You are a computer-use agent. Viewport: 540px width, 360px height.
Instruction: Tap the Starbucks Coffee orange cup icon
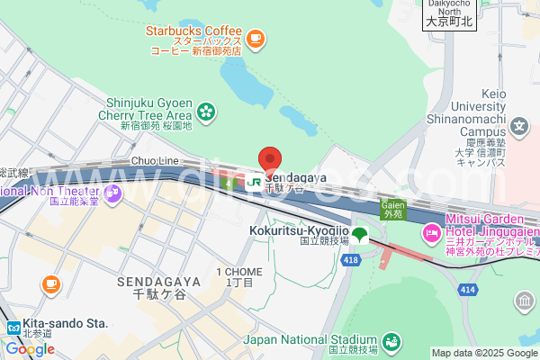pyautogui.click(x=256, y=38)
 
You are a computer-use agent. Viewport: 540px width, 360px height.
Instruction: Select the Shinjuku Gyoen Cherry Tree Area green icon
pyautogui.click(x=207, y=111)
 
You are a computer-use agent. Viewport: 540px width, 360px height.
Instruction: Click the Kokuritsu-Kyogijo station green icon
pyautogui.click(x=360, y=235)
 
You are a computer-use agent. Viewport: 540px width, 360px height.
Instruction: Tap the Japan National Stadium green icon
pyautogui.click(x=391, y=340)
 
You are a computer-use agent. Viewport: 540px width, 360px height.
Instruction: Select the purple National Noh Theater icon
pyautogui.click(x=112, y=191)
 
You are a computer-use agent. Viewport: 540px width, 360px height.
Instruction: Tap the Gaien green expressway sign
pyautogui.click(x=391, y=210)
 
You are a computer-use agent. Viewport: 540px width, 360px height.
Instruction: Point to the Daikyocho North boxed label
pyautogui.click(x=448, y=14)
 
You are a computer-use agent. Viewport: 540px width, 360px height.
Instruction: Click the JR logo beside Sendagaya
pyautogui.click(x=254, y=181)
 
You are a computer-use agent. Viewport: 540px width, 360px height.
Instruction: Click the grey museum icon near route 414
pyautogui.click(x=524, y=300)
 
